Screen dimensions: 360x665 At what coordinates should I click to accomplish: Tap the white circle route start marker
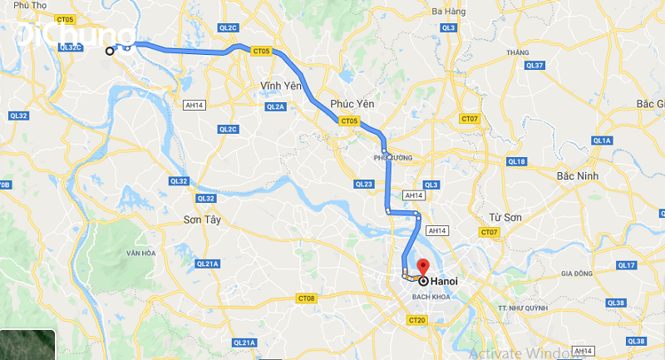[x=110, y=52]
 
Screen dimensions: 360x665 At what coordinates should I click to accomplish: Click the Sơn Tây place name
[x=199, y=220]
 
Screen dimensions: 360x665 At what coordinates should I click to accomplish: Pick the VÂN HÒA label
[x=141, y=252]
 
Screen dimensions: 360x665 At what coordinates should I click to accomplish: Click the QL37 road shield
[x=535, y=66]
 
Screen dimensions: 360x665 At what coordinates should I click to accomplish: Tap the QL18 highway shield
[x=516, y=161]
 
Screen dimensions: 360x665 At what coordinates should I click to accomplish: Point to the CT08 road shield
[x=307, y=298]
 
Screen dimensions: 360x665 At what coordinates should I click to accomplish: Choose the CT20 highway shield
[x=417, y=320]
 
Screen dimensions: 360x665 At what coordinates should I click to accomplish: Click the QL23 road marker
[x=364, y=184]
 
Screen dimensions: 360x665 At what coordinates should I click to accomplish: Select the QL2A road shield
[x=276, y=107]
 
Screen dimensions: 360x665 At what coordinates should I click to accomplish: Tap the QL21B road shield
[x=244, y=343]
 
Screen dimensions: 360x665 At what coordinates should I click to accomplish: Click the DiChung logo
[x=75, y=35]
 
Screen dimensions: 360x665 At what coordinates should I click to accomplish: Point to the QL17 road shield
[x=628, y=265]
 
